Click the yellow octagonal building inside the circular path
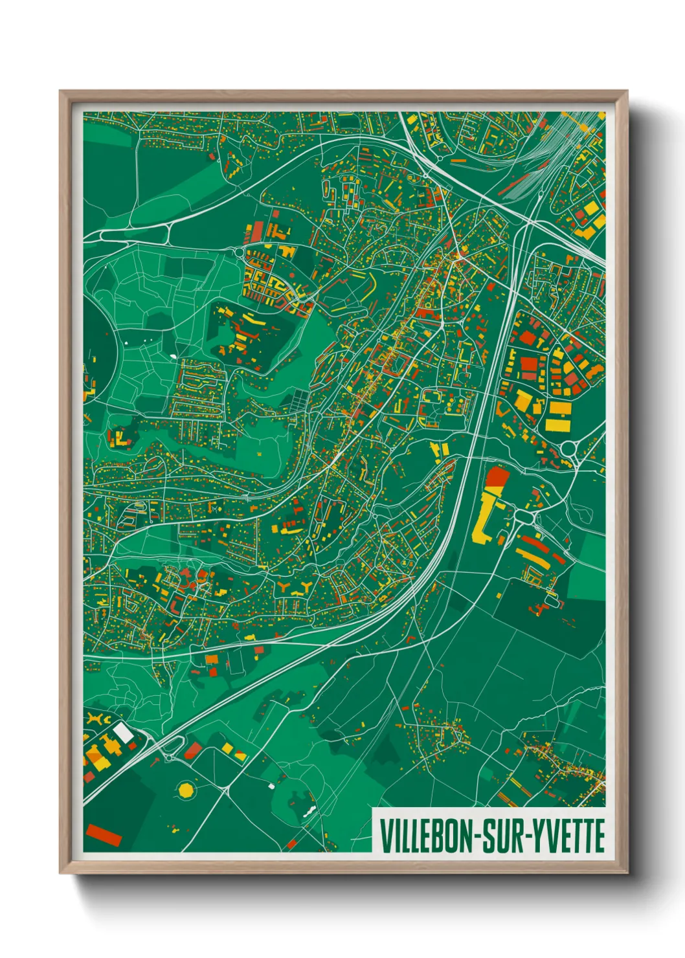[186, 790]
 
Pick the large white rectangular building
[123, 733]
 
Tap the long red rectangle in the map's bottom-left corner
[104, 835]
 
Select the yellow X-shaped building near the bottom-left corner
[97, 720]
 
